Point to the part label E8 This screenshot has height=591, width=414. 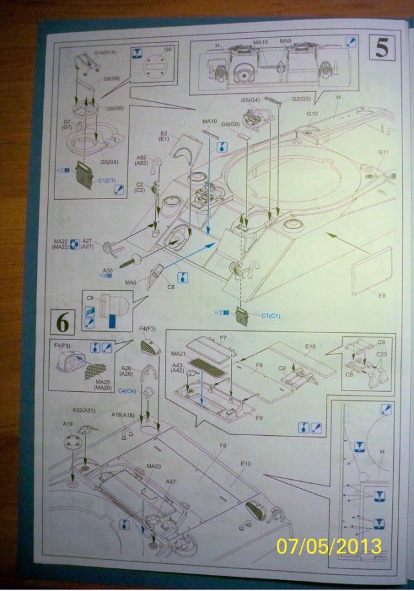[x=382, y=295]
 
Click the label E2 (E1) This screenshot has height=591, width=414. [x=164, y=136]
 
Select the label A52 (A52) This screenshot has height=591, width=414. [x=142, y=160]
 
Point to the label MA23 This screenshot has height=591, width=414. [x=153, y=466]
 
